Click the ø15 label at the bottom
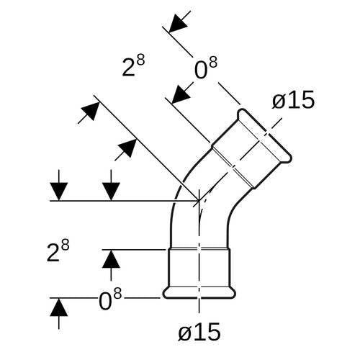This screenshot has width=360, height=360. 199,332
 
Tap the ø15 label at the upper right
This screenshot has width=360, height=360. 293,100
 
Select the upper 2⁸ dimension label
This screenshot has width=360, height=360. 133,66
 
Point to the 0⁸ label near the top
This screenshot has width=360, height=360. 206,68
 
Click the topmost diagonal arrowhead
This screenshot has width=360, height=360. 178,23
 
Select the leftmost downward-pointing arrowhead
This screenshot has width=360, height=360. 59,192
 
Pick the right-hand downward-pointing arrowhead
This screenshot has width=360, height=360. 111,192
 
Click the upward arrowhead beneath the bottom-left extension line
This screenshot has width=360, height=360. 59,307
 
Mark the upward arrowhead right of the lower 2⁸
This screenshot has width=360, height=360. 111,259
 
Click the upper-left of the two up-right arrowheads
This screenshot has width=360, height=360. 91,111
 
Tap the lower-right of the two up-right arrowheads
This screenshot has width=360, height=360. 127,148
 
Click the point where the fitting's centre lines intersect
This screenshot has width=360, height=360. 199,200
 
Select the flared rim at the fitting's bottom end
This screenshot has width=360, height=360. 199,292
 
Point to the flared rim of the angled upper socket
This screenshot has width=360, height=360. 264,136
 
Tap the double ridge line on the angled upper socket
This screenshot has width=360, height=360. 233,167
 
